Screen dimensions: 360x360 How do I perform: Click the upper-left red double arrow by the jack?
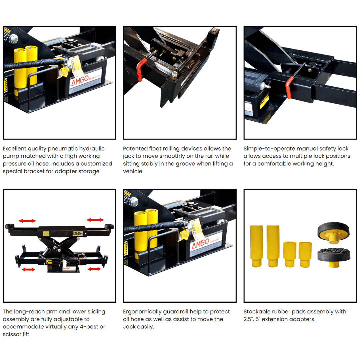[27, 221]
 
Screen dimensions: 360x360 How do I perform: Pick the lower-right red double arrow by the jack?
[95, 269]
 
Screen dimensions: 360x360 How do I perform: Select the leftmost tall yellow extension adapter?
[256, 245]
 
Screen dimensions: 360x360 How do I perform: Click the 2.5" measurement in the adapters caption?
[249, 319]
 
